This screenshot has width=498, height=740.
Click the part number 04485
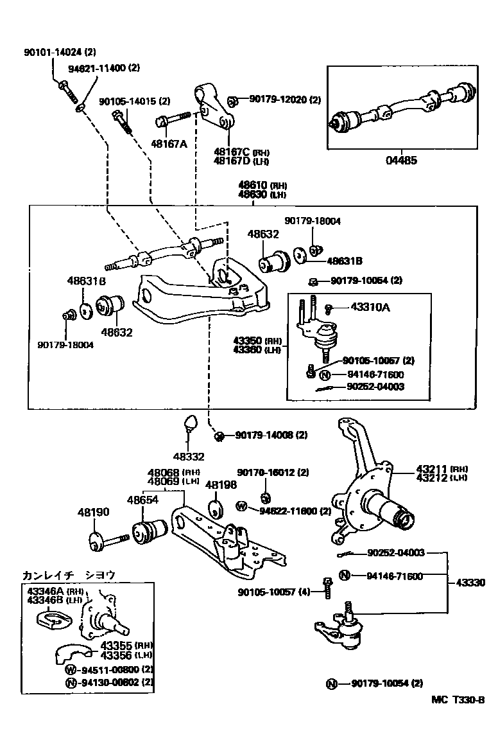401,161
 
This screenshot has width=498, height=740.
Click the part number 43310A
370,307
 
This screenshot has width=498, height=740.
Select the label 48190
94,512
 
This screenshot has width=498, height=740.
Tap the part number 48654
142,499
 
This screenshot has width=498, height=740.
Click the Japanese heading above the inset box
69,575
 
